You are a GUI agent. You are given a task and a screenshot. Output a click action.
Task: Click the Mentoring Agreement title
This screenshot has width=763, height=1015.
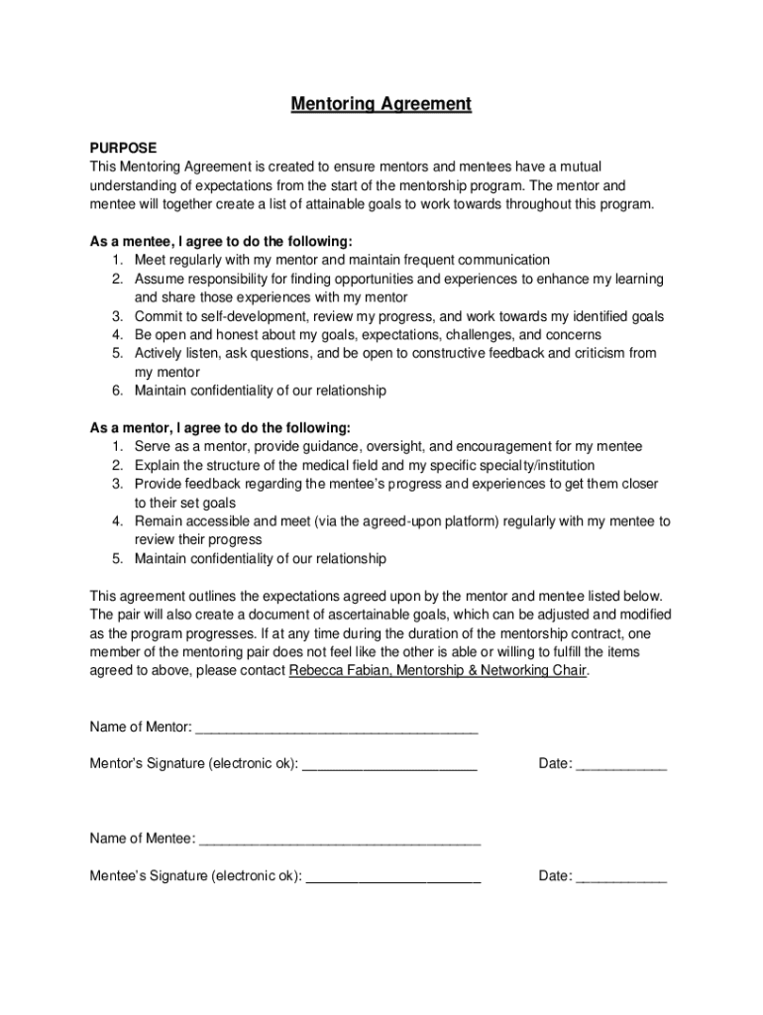[x=381, y=104]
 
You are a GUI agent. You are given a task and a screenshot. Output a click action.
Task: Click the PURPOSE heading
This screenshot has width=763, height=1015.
[x=124, y=148]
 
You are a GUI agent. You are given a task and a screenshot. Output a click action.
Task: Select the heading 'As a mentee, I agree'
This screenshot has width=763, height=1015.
[x=221, y=241]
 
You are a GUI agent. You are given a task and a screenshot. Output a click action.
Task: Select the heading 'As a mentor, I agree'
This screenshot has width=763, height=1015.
[x=220, y=428]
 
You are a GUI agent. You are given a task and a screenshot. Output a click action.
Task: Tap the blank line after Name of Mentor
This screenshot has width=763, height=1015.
[x=337, y=728]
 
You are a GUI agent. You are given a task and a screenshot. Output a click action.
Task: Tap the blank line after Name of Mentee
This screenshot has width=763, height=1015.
[x=340, y=840]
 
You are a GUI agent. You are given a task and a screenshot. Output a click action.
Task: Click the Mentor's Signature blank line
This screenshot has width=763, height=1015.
[x=389, y=764]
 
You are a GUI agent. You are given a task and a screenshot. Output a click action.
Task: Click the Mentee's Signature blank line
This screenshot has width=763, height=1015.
[x=393, y=876]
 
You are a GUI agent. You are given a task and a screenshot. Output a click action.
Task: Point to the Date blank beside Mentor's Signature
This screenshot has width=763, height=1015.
[x=621, y=764]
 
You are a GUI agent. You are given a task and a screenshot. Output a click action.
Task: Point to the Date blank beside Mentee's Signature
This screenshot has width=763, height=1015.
[x=621, y=876]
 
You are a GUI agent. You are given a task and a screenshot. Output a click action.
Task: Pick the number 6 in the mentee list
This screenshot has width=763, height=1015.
[x=116, y=391]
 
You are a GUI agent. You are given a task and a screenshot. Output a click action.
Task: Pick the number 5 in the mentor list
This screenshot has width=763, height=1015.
[x=116, y=558]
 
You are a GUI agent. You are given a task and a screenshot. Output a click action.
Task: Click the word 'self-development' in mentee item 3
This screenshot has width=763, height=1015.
[x=258, y=316]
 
